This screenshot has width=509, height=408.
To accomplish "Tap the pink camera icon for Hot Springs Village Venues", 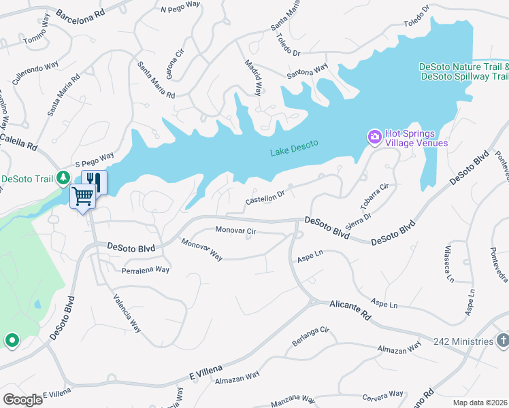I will [x=374, y=137].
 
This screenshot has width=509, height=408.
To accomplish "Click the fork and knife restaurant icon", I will [x=94, y=181].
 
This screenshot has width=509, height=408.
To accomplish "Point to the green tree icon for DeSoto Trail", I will [x=63, y=178].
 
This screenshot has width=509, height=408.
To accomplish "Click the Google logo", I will [x=22, y=399].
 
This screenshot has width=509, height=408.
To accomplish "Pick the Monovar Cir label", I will [x=235, y=231].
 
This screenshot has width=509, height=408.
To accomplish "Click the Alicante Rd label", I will [x=350, y=311].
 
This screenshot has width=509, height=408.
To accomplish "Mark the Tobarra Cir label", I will [x=374, y=196].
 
